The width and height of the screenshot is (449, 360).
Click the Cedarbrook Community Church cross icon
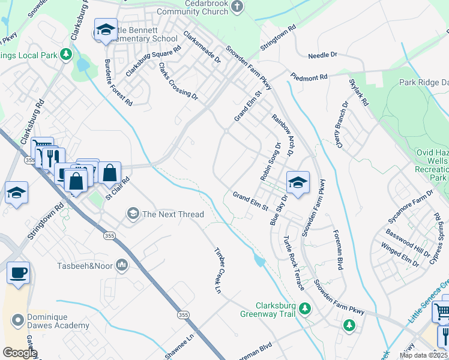tap(238, 7)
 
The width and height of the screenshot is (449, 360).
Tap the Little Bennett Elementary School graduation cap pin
tap(106, 29)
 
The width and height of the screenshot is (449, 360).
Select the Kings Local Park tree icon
tap(65, 55)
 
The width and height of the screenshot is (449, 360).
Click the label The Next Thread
tap(173, 214)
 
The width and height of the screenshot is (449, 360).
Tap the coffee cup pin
tap(18, 272)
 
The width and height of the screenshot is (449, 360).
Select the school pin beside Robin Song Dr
tap(298, 182)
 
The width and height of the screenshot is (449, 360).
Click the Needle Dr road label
tap(322, 55)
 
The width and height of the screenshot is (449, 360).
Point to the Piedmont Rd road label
tap(309, 77)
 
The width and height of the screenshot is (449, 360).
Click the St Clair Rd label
tap(117, 188)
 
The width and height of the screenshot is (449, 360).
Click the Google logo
tap(19, 353)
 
